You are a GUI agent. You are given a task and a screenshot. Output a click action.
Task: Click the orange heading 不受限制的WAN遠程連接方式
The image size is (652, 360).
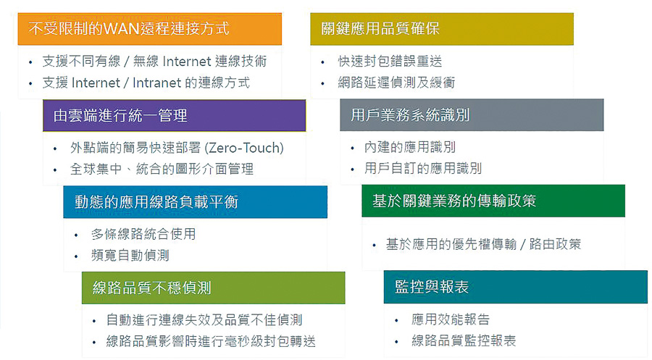129,29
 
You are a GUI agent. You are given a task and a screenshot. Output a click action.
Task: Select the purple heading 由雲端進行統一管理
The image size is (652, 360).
120,116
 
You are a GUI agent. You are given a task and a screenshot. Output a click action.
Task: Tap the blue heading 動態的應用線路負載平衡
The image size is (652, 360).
156,202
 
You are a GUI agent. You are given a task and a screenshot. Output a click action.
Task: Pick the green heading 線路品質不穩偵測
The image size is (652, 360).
152,288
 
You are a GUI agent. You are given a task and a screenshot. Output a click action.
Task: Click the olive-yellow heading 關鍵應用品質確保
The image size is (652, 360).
380,29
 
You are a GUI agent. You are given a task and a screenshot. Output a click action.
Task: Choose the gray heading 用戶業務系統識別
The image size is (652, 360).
410,114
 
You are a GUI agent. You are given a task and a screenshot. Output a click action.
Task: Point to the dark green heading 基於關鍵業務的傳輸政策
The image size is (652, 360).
454,201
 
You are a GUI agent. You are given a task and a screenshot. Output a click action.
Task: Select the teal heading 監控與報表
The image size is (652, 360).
432,287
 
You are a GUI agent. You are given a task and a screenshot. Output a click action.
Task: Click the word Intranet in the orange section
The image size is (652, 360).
156,83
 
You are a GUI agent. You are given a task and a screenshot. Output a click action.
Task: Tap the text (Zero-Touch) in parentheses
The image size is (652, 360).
245,148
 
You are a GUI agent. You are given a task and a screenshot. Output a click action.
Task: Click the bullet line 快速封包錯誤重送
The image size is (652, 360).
390,61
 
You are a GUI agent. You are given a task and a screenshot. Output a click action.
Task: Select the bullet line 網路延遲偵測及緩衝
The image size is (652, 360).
397,83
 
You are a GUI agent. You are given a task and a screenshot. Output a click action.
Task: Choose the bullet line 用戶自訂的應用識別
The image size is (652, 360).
423,168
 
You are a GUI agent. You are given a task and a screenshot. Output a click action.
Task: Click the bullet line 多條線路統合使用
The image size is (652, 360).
143,234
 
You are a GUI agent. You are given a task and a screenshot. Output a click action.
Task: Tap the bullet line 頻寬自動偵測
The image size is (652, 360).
130,255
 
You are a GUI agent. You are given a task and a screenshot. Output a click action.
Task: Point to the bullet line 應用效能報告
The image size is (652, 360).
451,319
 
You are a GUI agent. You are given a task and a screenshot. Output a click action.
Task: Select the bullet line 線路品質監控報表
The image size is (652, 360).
464,341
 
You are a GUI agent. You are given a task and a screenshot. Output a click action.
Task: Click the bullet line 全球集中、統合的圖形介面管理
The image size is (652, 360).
162,169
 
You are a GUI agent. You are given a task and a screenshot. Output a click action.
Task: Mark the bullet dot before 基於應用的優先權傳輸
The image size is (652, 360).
375,246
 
